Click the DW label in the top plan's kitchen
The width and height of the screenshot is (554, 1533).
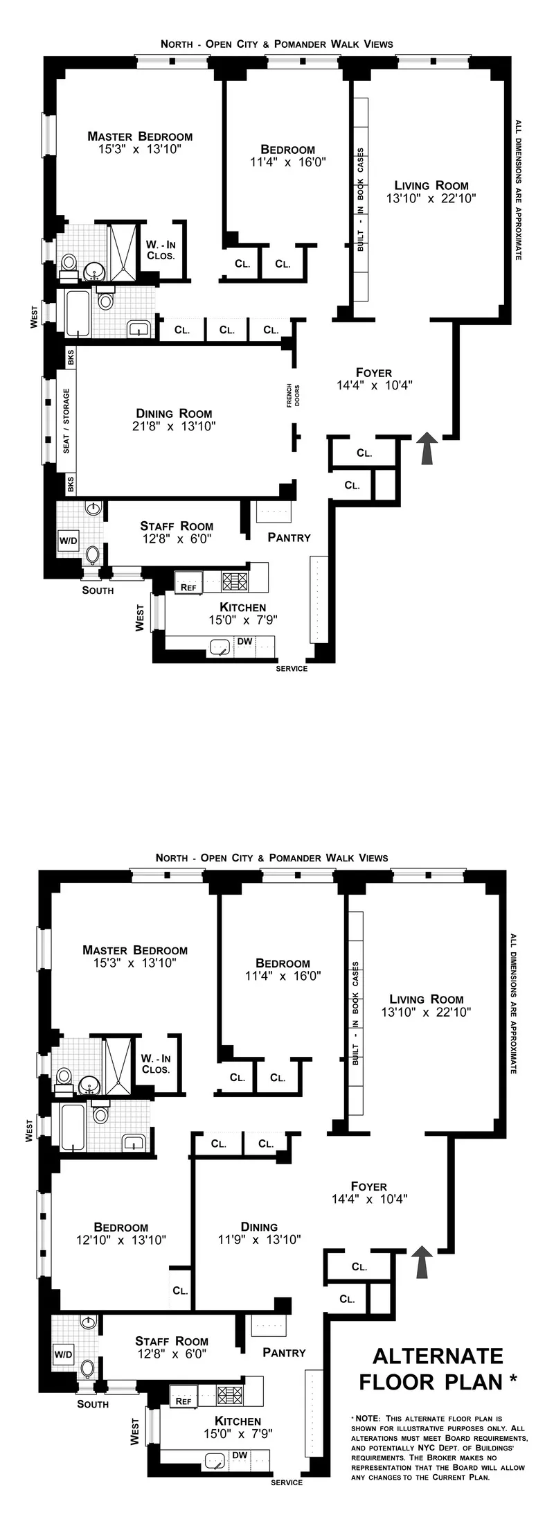tap(244, 642)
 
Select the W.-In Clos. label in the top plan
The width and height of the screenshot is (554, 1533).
tap(160, 249)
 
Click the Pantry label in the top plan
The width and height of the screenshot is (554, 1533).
tap(289, 537)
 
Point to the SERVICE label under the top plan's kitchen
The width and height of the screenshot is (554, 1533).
tap(292, 669)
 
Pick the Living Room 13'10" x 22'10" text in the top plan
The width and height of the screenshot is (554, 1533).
tap(431, 191)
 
